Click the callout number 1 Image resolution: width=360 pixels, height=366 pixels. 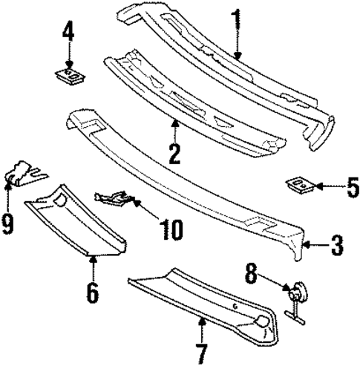(x=235, y=17)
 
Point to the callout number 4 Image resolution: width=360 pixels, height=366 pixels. (x=68, y=33)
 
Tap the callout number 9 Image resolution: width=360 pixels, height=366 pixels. (x=8, y=223)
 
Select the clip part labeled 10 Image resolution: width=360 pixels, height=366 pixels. (x=115, y=198)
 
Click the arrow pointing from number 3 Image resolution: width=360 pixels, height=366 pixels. (x=314, y=244)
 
